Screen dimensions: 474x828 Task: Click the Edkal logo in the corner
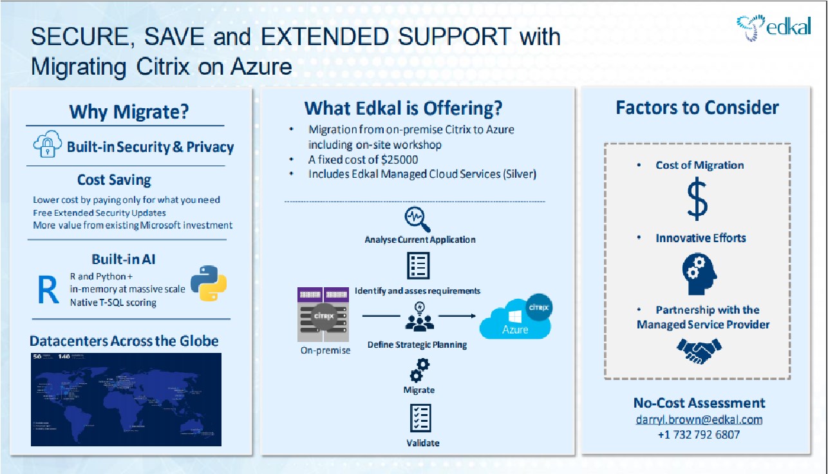pos(774,28)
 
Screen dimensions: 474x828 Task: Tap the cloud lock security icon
pos(48,146)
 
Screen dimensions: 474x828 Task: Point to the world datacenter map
pos(126,399)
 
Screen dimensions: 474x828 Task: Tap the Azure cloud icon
pos(517,319)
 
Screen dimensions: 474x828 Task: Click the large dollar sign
pos(697,200)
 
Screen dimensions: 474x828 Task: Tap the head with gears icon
pos(699,273)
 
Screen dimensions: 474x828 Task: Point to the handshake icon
pos(699,351)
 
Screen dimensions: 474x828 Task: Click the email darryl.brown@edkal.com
pos(699,419)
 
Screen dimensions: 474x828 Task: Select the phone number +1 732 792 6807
pos(699,435)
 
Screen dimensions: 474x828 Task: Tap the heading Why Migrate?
pos(129,111)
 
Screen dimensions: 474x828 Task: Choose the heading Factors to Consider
pos(697,108)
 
